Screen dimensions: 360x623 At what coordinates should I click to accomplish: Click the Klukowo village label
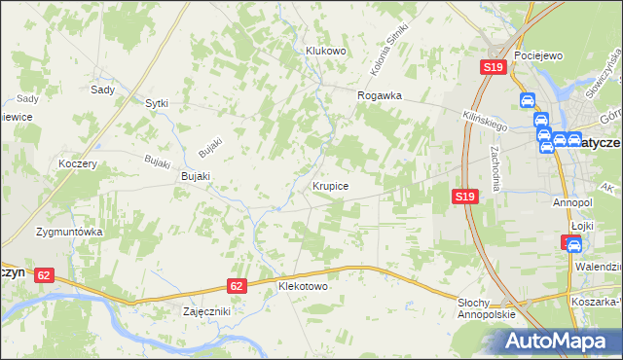pos(326,51)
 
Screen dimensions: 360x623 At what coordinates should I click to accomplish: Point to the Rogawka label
pos(380,95)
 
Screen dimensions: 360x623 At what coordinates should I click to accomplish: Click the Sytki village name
pos(156,102)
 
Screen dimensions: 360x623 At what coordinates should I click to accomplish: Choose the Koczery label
pos(78,164)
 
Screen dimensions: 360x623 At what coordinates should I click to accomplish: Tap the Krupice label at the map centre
pos(331,184)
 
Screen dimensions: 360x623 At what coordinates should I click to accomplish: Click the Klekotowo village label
pos(303,287)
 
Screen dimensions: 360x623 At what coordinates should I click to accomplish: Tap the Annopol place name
pos(572,202)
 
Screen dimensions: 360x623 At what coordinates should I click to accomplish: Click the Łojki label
pos(581,225)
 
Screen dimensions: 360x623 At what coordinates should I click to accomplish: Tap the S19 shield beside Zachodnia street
pos(465,197)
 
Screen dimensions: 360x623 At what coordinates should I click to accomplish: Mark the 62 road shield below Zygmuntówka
pos(44,275)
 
